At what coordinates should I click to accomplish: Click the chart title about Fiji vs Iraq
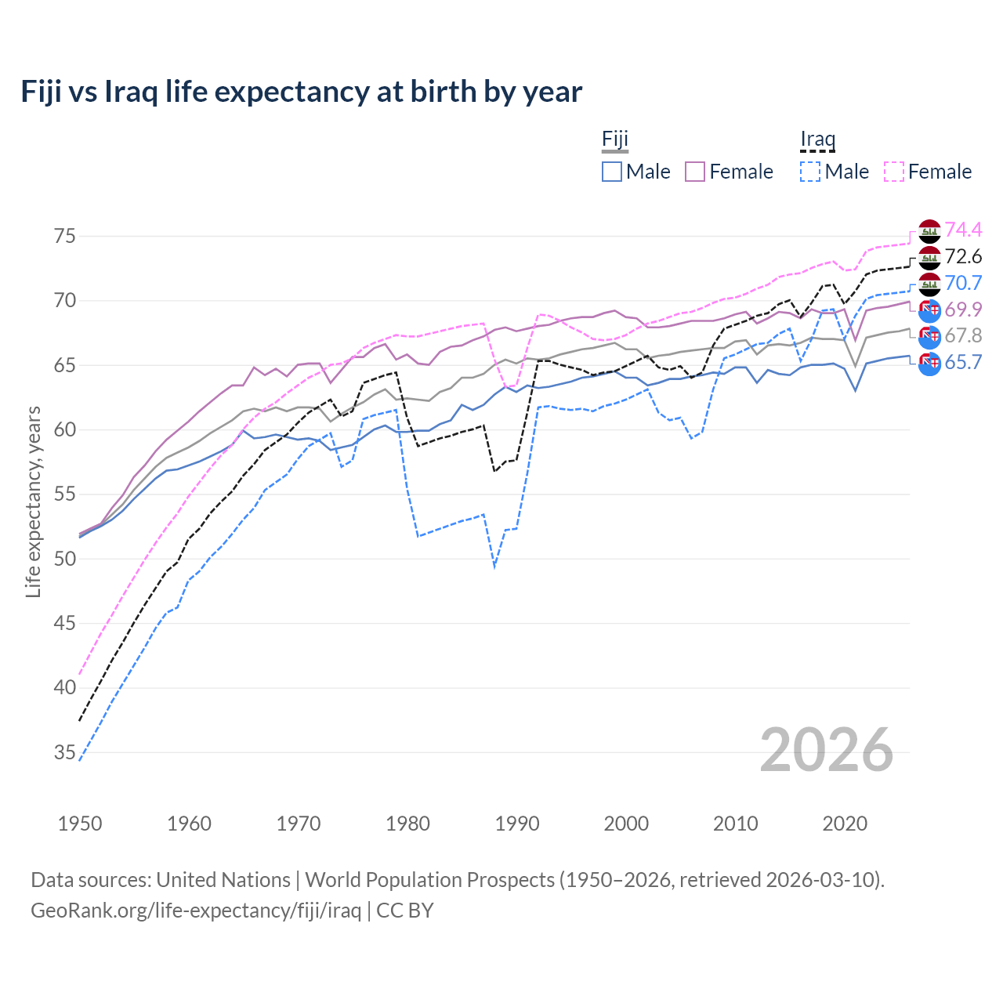(x=301, y=92)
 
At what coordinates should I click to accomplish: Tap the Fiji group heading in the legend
(x=615, y=139)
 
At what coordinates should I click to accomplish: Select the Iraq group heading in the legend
(x=817, y=139)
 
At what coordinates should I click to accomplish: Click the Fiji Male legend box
(x=612, y=172)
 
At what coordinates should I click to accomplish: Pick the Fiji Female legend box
(x=696, y=172)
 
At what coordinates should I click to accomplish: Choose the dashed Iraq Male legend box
(x=810, y=172)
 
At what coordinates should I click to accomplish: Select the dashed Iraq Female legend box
(x=894, y=172)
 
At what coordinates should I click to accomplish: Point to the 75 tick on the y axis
(x=65, y=236)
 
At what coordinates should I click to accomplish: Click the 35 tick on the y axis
(x=65, y=752)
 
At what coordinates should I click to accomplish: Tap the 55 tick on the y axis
(x=65, y=494)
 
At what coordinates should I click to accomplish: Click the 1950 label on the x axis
(x=80, y=824)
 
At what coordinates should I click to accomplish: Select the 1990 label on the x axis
(x=517, y=824)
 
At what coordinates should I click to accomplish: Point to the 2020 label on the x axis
(x=845, y=824)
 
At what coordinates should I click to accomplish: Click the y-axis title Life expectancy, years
(x=34, y=501)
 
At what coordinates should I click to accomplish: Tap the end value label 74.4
(x=963, y=230)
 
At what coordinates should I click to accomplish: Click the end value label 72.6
(x=963, y=256)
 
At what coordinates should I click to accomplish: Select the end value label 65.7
(x=963, y=362)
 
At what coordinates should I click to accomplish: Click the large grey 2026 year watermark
(x=826, y=750)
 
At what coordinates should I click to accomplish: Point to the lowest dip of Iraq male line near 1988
(x=494, y=566)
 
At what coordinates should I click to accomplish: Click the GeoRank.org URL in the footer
(x=196, y=911)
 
